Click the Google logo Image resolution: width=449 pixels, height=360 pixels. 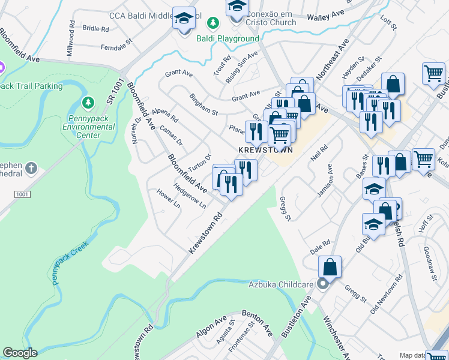click(x=20, y=353)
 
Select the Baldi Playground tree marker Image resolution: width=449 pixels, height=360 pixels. click(x=212, y=23)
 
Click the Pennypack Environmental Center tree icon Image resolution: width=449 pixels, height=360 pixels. click(x=89, y=104)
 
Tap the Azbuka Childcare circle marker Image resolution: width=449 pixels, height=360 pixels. click(x=323, y=283)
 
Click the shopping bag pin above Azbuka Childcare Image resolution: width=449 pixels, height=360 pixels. click(x=330, y=266)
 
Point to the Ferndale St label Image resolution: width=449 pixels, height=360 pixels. click(x=116, y=46)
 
